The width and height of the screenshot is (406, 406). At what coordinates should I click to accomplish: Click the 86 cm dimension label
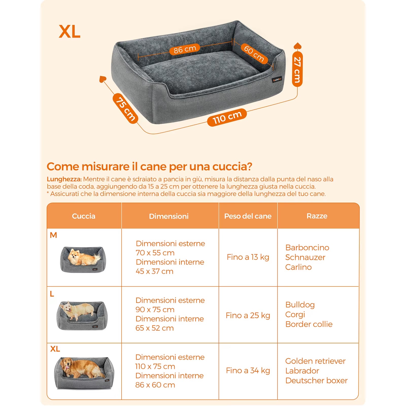point(185,49)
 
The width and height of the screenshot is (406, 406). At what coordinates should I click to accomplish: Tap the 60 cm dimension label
point(254,53)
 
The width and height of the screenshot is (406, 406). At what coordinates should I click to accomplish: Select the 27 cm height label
point(297,70)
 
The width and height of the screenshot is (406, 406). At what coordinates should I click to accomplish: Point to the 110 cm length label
point(227,117)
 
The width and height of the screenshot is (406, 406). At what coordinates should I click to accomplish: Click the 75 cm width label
point(125,108)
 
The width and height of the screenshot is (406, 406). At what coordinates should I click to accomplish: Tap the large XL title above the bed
point(70,32)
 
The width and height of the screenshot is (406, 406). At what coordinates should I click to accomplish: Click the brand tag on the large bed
point(277,80)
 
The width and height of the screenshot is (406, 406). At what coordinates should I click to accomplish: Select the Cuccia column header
point(84,216)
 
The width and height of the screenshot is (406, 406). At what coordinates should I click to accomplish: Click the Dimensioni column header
point(169,216)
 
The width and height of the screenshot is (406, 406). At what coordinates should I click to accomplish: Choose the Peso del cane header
point(248,216)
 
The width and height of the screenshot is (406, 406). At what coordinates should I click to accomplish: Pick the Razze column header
point(317,216)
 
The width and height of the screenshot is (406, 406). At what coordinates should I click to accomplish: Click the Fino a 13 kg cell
point(248,257)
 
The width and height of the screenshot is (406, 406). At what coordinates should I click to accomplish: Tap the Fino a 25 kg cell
point(248,315)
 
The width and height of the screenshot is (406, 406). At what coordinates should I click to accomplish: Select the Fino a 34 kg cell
point(248,370)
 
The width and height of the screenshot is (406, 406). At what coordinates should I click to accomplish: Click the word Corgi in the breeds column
point(295,314)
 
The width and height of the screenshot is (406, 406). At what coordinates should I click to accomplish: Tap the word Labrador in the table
point(302,371)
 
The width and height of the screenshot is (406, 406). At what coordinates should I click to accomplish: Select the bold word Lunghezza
point(64,179)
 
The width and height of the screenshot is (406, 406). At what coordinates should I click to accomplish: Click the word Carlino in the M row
point(298,267)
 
